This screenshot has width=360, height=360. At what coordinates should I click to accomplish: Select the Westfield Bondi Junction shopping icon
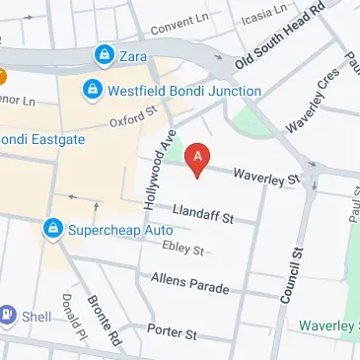click(x=92, y=91)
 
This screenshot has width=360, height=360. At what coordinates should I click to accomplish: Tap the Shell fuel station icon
click(x=8, y=316)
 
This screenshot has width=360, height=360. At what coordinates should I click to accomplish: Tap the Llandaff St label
click(x=200, y=214)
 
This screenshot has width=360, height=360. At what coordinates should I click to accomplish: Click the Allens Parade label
click(x=190, y=286)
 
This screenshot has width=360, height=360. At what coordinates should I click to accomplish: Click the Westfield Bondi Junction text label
click(x=184, y=91)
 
